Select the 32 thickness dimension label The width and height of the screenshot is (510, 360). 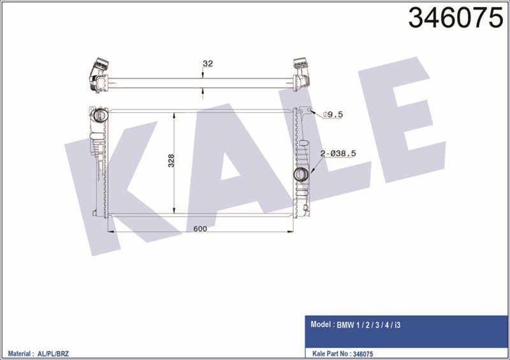(x=207, y=63)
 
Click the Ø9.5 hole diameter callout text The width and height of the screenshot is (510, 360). (x=333, y=115)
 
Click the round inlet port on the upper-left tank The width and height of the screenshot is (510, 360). (x=99, y=117)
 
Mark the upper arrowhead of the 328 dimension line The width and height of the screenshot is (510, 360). (x=175, y=113)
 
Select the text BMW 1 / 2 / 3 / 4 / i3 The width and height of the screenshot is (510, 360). (x=370, y=324)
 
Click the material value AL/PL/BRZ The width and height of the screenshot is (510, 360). (x=59, y=351)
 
